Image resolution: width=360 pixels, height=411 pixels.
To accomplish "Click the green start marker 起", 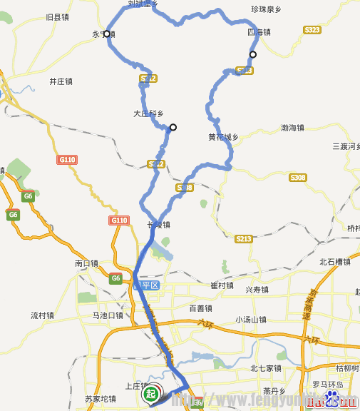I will pyautogui.click(x=150, y=393).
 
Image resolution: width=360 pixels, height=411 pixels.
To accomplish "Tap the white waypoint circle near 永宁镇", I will pyautogui.click(x=107, y=34).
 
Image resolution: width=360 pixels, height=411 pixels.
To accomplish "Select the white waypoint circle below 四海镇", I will pyautogui.click(x=252, y=54).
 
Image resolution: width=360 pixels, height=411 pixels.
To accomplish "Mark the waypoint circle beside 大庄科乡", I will pyautogui.click(x=173, y=128).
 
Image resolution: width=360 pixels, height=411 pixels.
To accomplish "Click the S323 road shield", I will pyautogui.click(x=312, y=30).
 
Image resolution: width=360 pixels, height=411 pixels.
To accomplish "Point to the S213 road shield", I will pyautogui.click(x=244, y=238).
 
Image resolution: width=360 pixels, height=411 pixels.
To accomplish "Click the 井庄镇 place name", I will pyautogui.click(x=61, y=81).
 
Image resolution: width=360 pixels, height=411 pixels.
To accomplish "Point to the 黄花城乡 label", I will pyautogui.click(x=222, y=137).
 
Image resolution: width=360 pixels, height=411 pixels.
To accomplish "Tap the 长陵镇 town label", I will pyautogui.click(x=158, y=225).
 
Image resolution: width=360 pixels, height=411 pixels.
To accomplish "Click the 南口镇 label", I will pyautogui.click(x=86, y=263).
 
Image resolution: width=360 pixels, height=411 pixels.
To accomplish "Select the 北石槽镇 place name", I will pyautogui.click(x=335, y=262).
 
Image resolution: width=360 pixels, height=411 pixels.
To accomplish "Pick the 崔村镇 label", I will pyautogui.click(x=222, y=285).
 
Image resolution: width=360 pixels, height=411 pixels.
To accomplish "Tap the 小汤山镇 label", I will pyautogui.click(x=251, y=320).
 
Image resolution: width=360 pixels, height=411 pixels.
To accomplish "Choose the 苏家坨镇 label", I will pyautogui.click(x=101, y=398).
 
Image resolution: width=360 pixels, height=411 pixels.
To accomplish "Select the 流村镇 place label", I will pyautogui.click(x=43, y=315).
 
